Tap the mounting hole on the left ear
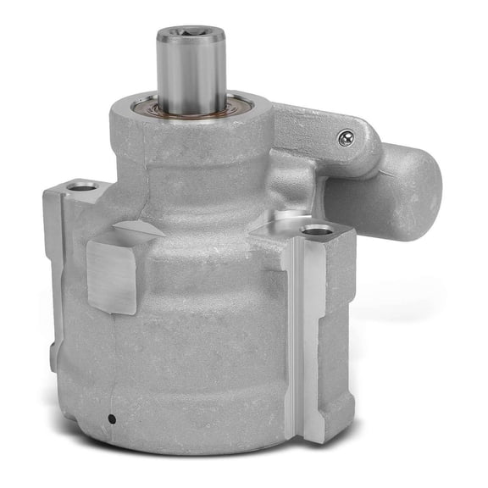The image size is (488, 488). click(x=82, y=186)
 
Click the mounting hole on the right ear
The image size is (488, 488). click(x=317, y=230)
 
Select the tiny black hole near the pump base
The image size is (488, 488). click(x=111, y=418)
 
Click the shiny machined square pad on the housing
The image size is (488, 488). click(x=111, y=271)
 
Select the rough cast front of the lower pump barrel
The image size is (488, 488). click(x=203, y=356)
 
